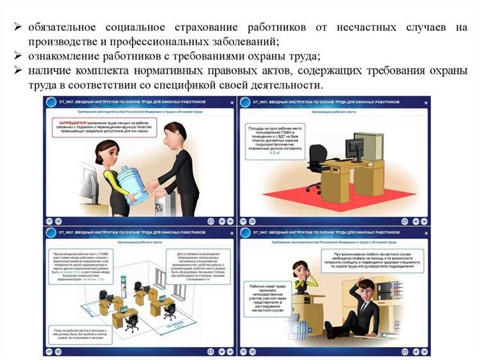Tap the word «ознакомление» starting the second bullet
click(x=63, y=57)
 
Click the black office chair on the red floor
click(x=316, y=164)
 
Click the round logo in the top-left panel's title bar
click(x=49, y=103)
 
